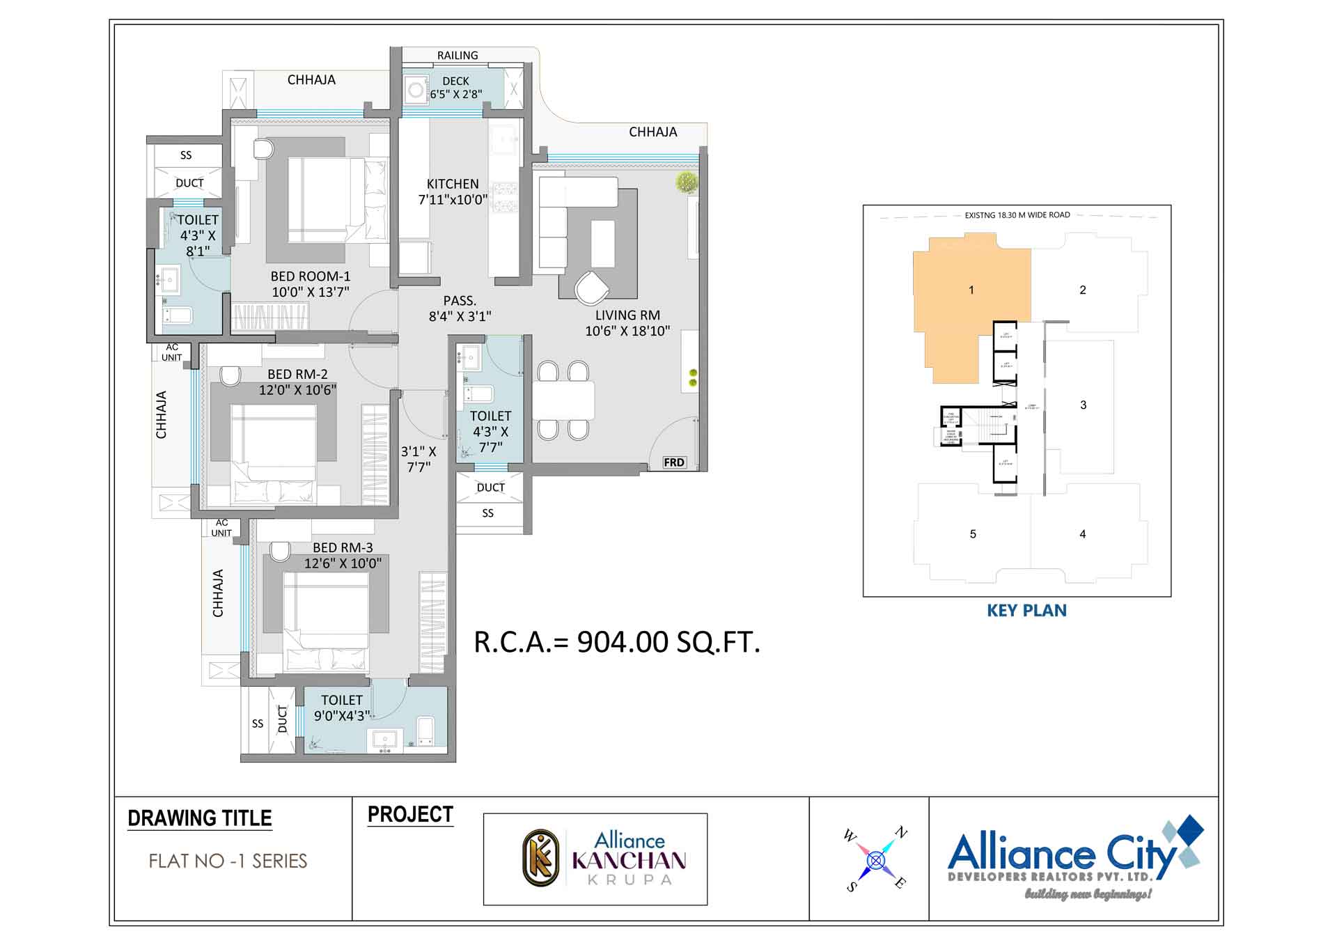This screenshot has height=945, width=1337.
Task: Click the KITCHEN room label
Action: [453, 184]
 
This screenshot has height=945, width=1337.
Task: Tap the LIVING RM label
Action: [627, 315]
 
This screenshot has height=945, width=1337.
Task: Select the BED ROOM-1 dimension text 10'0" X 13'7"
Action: [311, 292]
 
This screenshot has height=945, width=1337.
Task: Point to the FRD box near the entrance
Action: [673, 462]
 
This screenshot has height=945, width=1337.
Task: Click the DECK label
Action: [455, 81]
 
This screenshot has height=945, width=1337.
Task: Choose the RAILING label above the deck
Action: [458, 56]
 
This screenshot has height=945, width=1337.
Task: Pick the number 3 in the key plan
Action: [1083, 405]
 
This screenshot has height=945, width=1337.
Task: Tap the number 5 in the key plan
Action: [973, 534]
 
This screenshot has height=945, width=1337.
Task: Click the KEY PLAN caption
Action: [1026, 611]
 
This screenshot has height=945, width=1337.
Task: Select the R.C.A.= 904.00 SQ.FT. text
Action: [617, 642]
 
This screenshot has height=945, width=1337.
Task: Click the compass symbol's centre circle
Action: [876, 861]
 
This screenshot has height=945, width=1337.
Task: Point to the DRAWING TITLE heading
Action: [200, 818]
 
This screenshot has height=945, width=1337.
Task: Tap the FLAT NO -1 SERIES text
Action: [228, 861]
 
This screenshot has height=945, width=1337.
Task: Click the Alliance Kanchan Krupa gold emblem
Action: [541, 858]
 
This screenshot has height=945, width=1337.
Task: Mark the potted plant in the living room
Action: [687, 182]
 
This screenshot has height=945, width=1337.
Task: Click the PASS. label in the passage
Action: [460, 301]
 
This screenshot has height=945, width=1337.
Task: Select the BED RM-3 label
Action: [343, 548]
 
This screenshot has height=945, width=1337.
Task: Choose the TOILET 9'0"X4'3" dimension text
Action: [342, 716]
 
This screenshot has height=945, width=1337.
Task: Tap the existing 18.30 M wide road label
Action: [1017, 215]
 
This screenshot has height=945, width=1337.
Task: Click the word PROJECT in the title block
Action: [410, 815]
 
